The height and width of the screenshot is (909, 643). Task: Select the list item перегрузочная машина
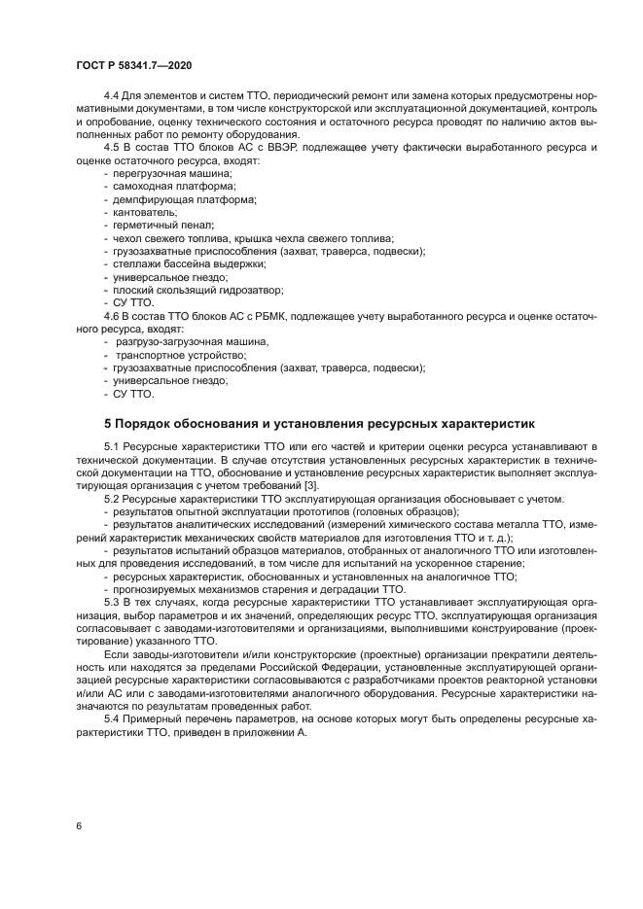tap(165, 171)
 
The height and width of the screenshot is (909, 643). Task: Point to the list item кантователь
tap(145, 211)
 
